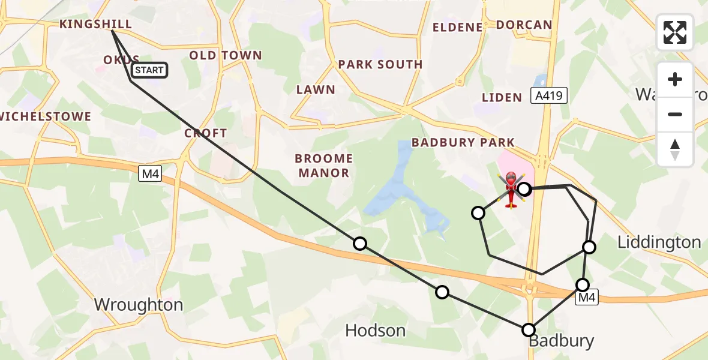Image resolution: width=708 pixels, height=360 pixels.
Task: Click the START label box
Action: [149, 70]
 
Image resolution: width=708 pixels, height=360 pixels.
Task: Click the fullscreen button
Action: [675, 32]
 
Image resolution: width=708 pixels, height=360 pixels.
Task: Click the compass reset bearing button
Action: [675, 149]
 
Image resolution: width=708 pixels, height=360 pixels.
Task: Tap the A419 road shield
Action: [548, 95]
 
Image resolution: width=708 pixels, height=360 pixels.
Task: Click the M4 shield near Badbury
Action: [587, 297]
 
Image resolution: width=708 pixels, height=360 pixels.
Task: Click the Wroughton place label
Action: [139, 305]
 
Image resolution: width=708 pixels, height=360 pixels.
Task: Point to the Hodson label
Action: [376, 330]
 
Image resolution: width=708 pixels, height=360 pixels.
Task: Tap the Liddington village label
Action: [659, 242]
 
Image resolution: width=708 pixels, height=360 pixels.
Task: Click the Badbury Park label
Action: [463, 143]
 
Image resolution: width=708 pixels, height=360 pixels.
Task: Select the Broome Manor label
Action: [323, 166]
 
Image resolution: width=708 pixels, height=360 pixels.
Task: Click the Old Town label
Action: [226, 56]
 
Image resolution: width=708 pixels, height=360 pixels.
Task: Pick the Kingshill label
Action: [95, 24]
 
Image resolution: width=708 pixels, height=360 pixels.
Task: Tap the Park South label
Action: [380, 64]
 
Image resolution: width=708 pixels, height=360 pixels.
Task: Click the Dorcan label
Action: [524, 25]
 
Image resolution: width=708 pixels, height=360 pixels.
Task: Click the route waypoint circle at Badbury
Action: [529, 329]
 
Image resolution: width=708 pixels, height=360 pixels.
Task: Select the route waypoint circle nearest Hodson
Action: [442, 292]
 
